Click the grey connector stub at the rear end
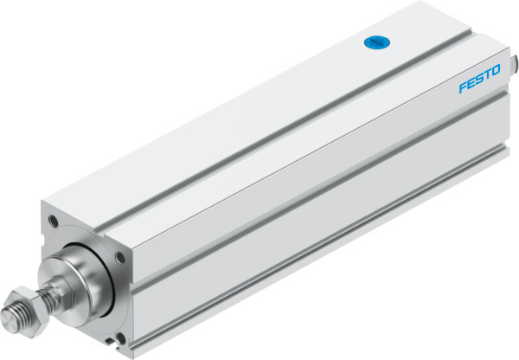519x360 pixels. coord(513,66)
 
